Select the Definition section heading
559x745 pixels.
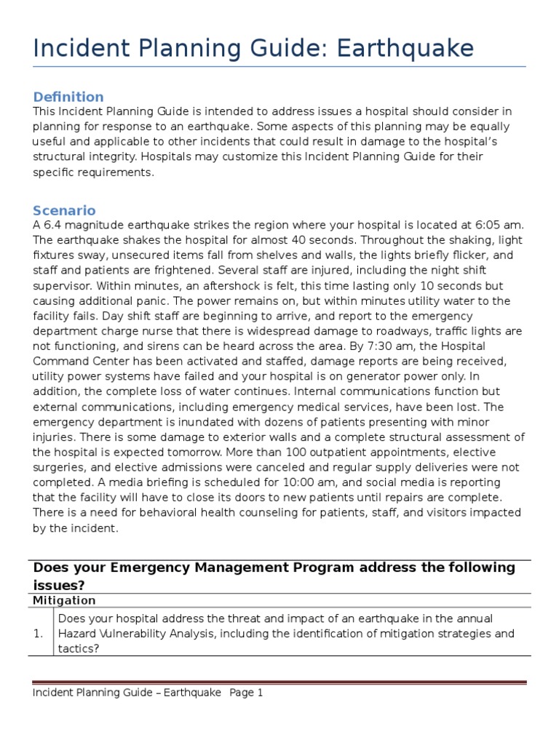(68, 97)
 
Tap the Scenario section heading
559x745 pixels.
(64, 210)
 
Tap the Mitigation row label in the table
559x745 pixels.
(64, 600)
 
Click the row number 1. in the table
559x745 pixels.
(39, 634)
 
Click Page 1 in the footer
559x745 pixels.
(246, 693)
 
